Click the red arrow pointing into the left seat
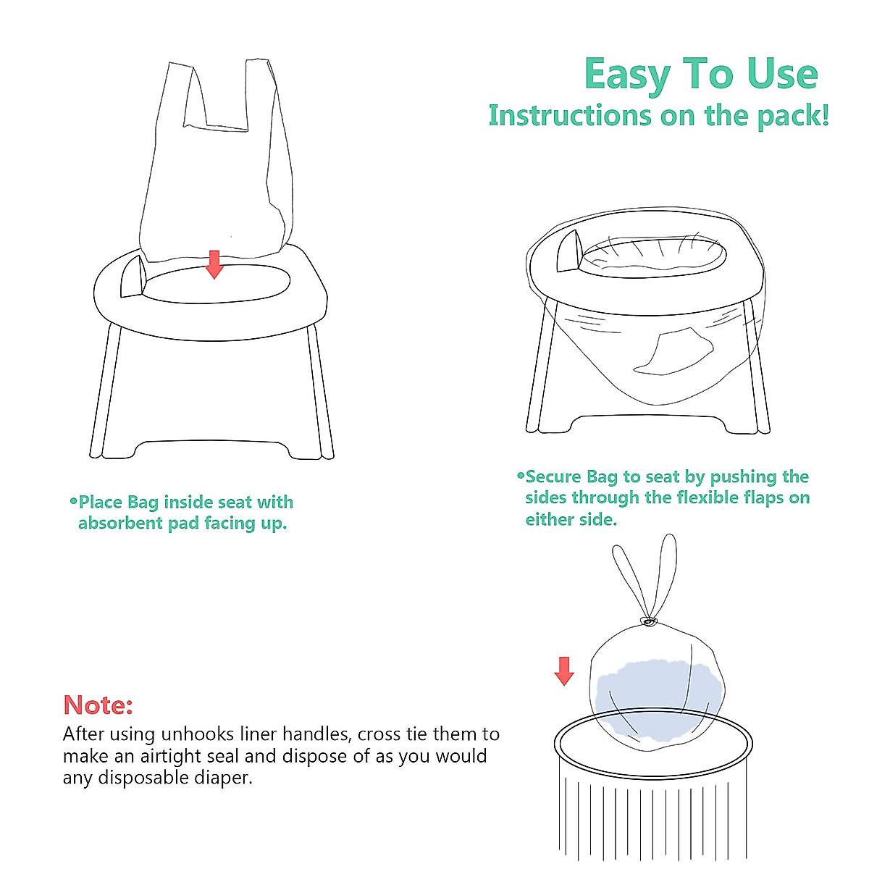pyautogui.click(x=214, y=264)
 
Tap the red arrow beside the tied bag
pyautogui.click(x=564, y=671)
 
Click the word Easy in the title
pyautogui.click(x=628, y=75)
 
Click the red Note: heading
pyautogui.click(x=98, y=705)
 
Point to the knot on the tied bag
pyautogui.click(x=649, y=621)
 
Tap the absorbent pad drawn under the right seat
pyautogui.click(x=670, y=351)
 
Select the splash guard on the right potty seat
pyautogui.click(x=569, y=253)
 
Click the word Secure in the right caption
pyautogui.click(x=553, y=477)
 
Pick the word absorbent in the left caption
pyautogui.click(x=120, y=524)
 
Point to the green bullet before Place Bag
pyautogui.click(x=72, y=501)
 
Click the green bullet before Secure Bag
pyautogui.click(x=520, y=476)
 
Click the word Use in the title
pyautogui.click(x=781, y=75)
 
